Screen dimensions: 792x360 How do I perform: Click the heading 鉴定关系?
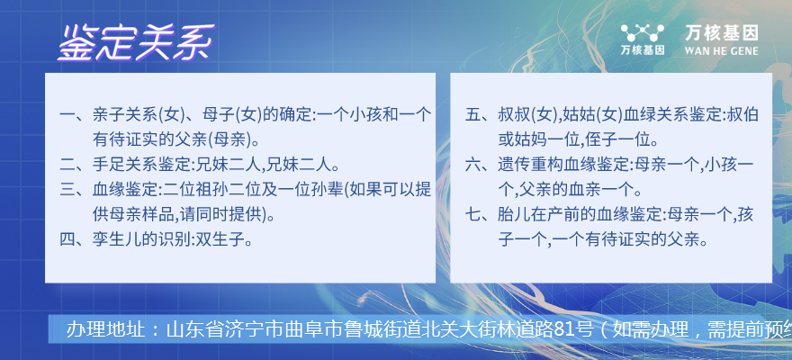click(x=137, y=42)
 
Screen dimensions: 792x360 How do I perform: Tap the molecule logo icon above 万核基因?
click(x=642, y=33)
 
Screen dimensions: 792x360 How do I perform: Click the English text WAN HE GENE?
click(x=721, y=51)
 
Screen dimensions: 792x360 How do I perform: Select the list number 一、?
click(x=75, y=115)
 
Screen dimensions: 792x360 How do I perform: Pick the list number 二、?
click(x=75, y=165)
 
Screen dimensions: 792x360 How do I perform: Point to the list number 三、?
click(x=75, y=190)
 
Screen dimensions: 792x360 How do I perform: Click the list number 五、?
click(x=481, y=115)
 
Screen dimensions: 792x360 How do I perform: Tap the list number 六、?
click(x=481, y=165)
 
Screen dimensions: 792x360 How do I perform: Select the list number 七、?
click(x=481, y=214)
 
